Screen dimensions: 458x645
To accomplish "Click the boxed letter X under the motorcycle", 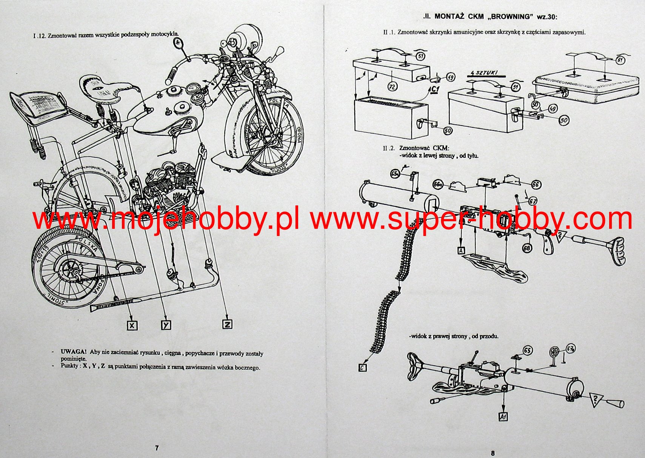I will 132,325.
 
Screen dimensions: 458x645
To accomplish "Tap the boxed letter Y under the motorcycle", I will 166,325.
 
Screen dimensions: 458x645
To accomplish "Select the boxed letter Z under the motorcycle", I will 227,324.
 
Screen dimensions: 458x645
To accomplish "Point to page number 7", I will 157,448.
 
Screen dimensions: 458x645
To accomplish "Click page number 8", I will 493,453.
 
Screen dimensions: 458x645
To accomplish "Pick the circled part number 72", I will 393,87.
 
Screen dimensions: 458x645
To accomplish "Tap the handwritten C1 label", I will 435,89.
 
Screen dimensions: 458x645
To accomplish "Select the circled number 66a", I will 438,185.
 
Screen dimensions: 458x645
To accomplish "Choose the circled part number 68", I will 527,248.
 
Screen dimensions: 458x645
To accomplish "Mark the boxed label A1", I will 503,416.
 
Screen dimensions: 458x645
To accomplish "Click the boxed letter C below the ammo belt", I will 362,367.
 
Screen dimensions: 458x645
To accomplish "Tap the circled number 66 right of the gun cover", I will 536,184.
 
